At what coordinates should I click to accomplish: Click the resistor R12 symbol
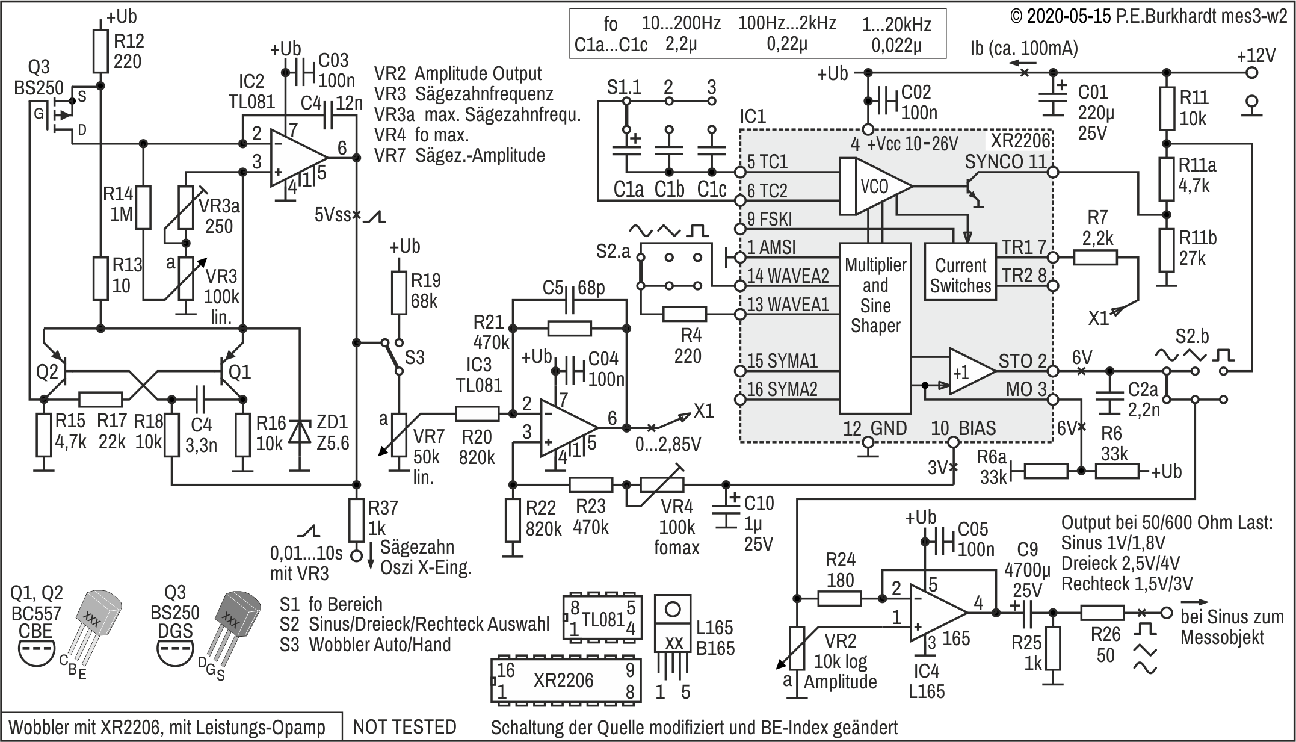pos(100,51)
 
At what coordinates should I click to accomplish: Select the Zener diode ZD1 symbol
pos(300,431)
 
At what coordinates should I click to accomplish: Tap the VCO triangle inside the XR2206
pos(875,187)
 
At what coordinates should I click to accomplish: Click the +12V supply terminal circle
pos(1252,73)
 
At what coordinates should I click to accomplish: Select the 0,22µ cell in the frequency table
pos(787,45)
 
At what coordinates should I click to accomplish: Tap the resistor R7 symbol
pos(1095,258)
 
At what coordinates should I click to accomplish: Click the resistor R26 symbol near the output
pos(1102,613)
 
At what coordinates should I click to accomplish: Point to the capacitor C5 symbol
pos(570,299)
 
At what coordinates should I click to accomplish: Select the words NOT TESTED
pos(405,727)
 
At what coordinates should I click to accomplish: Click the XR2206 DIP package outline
pos(566,680)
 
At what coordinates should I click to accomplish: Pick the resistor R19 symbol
pos(400,292)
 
